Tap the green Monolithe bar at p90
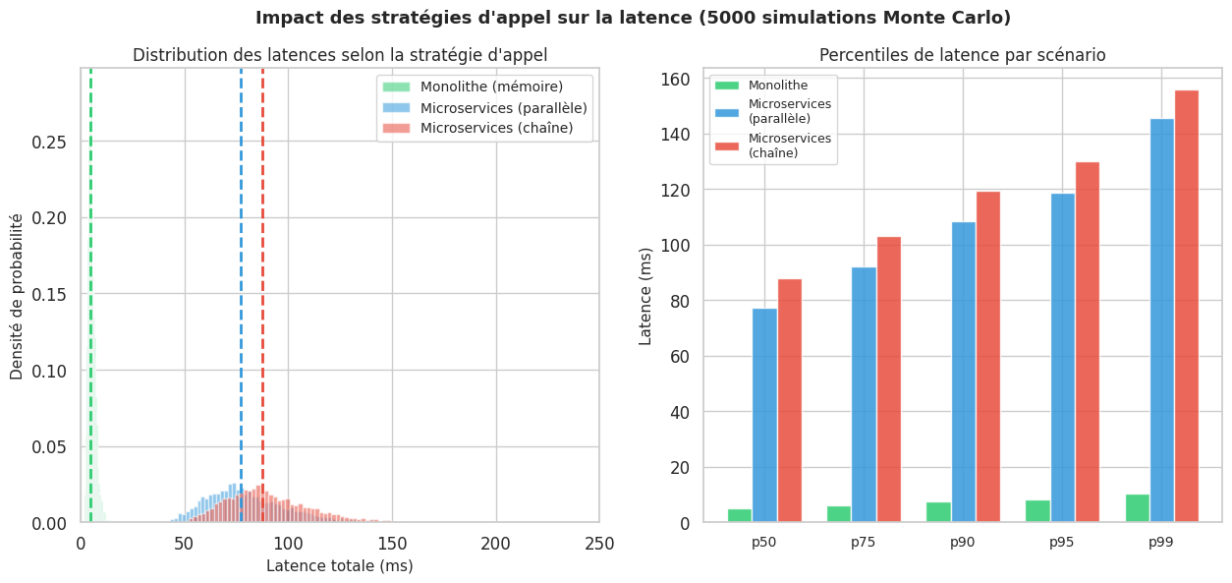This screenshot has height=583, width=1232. click(938, 512)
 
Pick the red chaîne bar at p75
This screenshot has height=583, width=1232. click(888, 379)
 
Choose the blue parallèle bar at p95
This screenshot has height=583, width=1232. click(1062, 358)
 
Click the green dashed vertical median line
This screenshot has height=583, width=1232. click(90, 295)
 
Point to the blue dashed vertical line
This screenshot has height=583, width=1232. click(241, 295)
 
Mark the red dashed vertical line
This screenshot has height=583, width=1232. click(262, 295)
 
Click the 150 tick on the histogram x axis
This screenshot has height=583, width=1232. click(392, 544)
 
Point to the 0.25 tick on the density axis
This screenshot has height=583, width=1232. click(49, 142)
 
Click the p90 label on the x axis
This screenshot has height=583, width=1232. click(963, 542)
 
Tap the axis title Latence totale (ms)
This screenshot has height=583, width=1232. click(339, 566)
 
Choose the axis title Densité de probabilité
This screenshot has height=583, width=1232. click(17, 295)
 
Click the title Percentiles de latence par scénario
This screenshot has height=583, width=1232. click(963, 55)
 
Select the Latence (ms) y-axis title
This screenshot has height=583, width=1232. click(645, 295)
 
